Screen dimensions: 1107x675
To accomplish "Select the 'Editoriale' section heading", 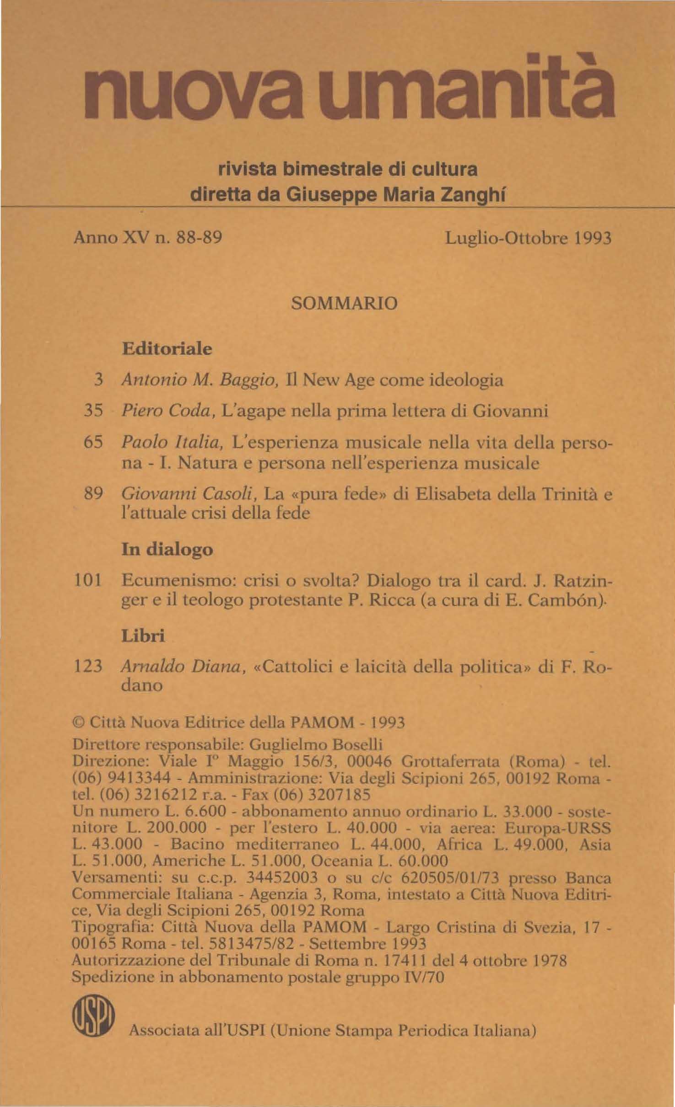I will [x=167, y=349].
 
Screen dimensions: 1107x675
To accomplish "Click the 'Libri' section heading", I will [x=143, y=636].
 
